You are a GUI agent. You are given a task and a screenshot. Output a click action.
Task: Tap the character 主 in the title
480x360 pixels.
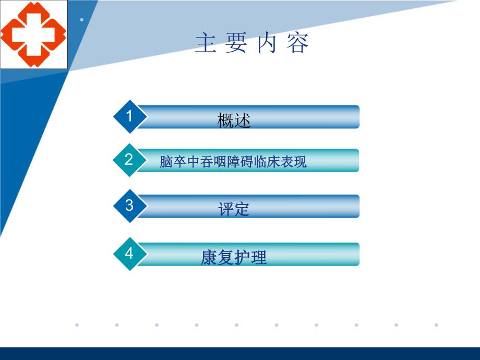pos(206,44)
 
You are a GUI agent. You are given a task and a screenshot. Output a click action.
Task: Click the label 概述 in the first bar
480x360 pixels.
pos(234,121)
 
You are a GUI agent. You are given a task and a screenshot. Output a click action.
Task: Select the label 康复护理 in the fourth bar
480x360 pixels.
pos(234,258)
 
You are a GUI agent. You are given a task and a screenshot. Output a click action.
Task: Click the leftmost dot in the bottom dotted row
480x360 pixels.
pos(77,325)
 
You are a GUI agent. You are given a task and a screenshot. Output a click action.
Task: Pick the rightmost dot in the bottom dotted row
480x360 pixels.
pos(436,325)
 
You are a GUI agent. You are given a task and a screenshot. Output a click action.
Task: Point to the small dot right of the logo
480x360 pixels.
pos(82,20)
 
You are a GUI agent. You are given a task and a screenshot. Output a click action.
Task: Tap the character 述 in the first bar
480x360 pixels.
pos(243,121)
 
